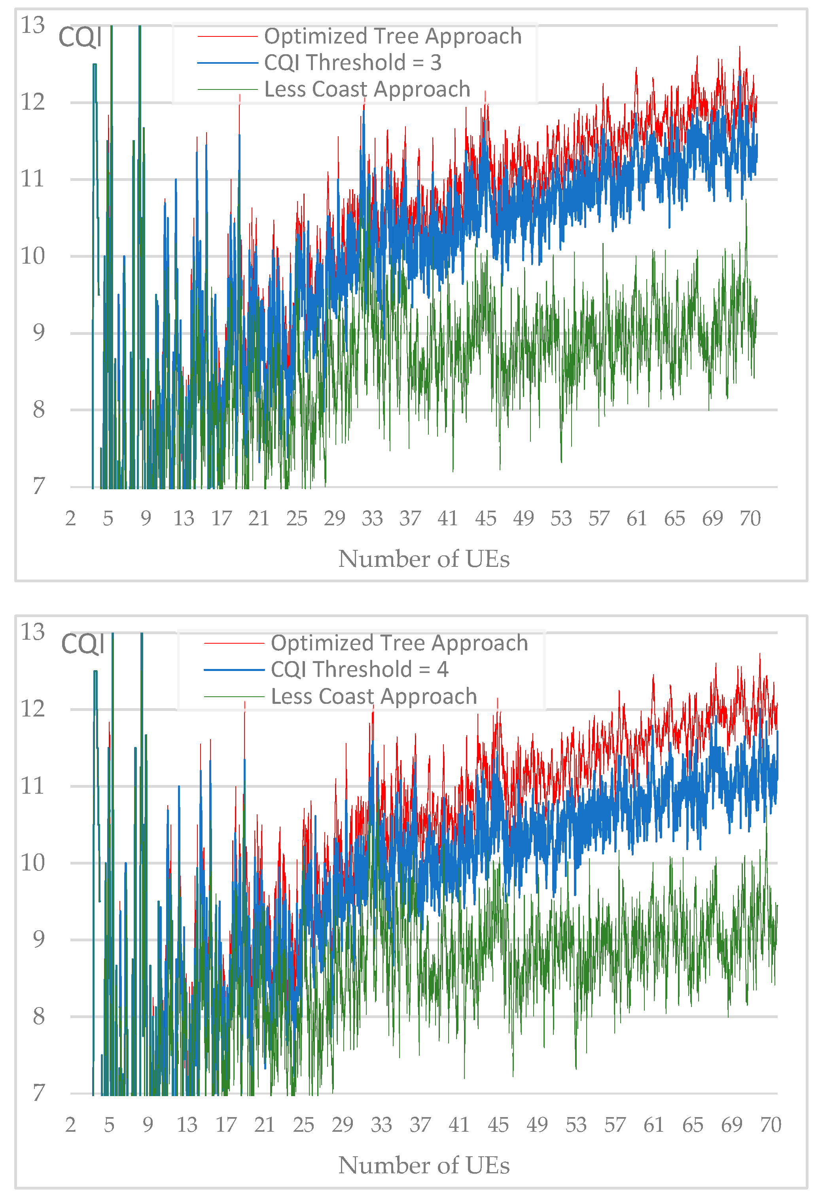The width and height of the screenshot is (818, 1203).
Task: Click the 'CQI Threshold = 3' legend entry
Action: (352, 63)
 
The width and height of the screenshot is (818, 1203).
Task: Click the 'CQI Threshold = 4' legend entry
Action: (359, 669)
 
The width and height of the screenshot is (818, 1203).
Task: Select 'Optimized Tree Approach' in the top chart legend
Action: (393, 36)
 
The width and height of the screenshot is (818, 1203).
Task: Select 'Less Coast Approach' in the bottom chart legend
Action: (373, 696)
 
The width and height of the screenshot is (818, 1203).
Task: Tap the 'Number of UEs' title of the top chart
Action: (423, 559)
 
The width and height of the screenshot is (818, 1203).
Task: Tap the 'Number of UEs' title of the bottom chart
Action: (423, 1166)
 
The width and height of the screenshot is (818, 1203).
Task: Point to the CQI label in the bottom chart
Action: (83, 644)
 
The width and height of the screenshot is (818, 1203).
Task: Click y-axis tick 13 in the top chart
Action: (32, 25)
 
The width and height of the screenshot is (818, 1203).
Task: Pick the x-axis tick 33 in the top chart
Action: (372, 518)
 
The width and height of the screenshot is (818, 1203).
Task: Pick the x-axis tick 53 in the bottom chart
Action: (576, 1125)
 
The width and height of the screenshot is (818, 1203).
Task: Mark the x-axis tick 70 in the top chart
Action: (750, 518)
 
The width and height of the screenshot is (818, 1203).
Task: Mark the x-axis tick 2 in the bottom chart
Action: (70, 1125)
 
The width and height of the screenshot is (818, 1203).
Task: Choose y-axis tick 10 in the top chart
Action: (32, 256)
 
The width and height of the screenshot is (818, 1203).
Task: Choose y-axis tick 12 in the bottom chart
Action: (32, 709)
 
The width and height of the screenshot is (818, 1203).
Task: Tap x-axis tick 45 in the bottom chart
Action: (498, 1125)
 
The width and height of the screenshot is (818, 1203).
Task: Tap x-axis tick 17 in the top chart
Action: (221, 518)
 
